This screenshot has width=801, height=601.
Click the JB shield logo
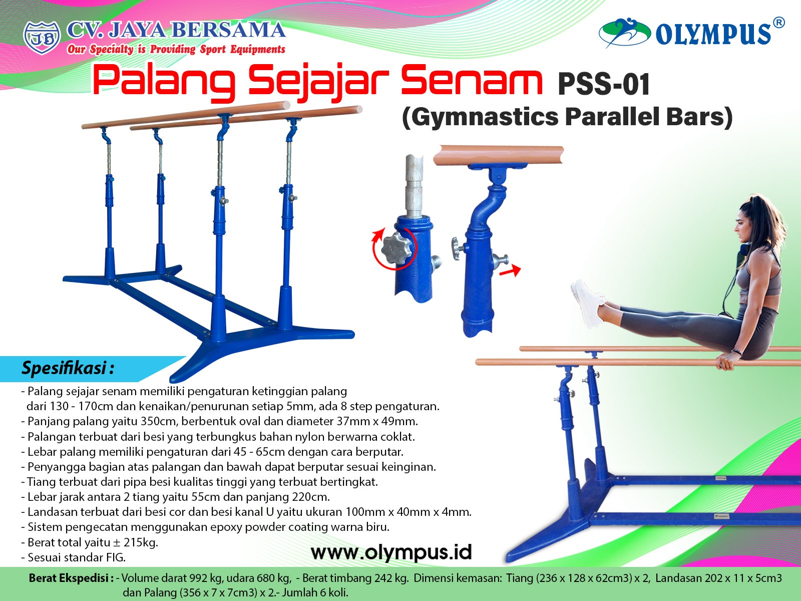(42, 38)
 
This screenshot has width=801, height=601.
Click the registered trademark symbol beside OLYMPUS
(778, 22)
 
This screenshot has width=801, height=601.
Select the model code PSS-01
(604, 84)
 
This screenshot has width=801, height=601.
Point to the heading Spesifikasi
(68, 368)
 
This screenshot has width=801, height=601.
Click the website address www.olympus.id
(391, 552)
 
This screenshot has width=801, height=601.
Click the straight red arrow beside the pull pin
(510, 270)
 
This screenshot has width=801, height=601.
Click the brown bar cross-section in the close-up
(499, 155)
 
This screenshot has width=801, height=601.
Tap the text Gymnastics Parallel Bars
(567, 117)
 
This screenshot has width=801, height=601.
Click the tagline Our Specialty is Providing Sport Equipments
(176, 49)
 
